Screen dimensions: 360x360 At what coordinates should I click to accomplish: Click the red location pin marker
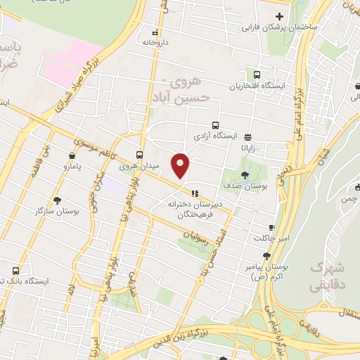[x=181, y=164]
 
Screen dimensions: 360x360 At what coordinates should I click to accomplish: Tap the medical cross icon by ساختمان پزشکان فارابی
[x=279, y=17]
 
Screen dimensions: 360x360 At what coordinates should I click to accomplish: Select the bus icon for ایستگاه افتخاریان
[x=257, y=74]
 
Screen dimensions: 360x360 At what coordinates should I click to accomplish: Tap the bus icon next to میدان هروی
[x=139, y=154]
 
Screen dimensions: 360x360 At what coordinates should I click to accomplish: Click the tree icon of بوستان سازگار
[x=57, y=200]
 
